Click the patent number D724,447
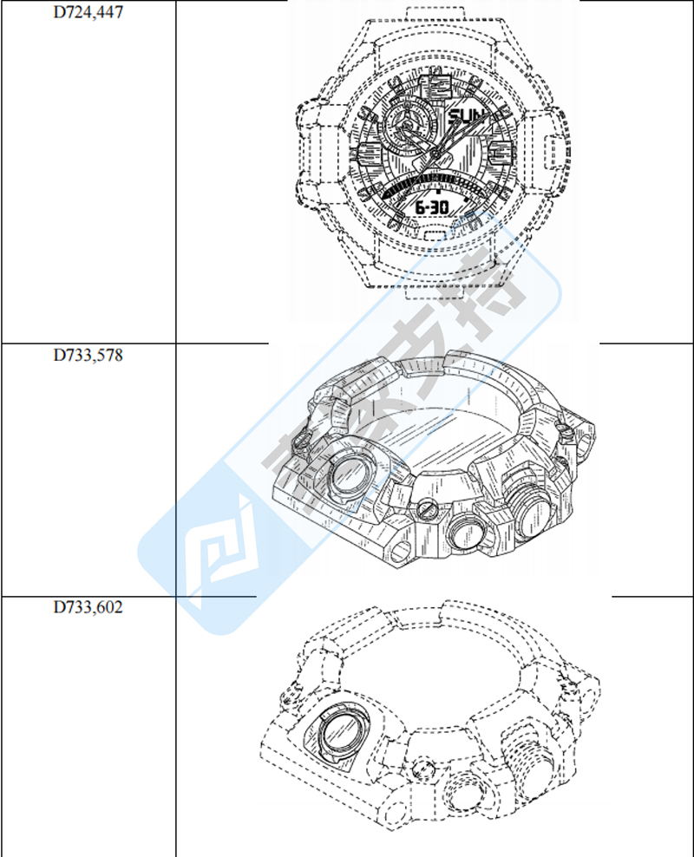pos(88,12)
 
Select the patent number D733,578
pos(88,356)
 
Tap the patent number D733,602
pos(88,607)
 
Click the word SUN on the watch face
pos(466,116)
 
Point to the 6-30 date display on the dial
pos(432,207)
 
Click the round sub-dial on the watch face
pos(404,127)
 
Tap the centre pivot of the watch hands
pos(435,154)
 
